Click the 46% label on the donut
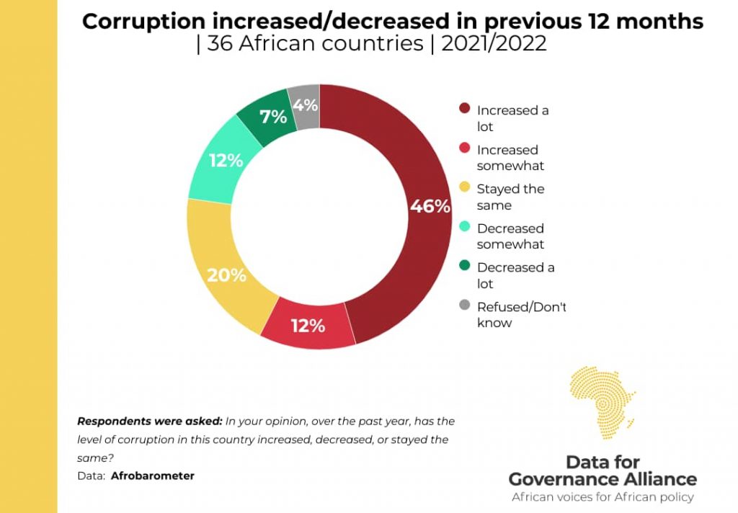[430, 206]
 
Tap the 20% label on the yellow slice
[226, 275]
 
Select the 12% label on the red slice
[308, 326]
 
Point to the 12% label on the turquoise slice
[226, 161]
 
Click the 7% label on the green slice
[274, 116]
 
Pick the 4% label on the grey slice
[305, 105]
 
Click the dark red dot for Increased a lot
[465, 110]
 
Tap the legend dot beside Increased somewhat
[465, 149]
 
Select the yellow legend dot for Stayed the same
[465, 188]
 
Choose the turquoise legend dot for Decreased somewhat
[465, 228]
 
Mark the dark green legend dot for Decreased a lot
[465, 267]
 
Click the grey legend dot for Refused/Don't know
[465, 306]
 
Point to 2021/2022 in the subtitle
[494, 43]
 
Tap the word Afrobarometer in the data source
[153, 476]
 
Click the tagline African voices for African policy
[603, 497]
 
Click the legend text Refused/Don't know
[521, 314]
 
